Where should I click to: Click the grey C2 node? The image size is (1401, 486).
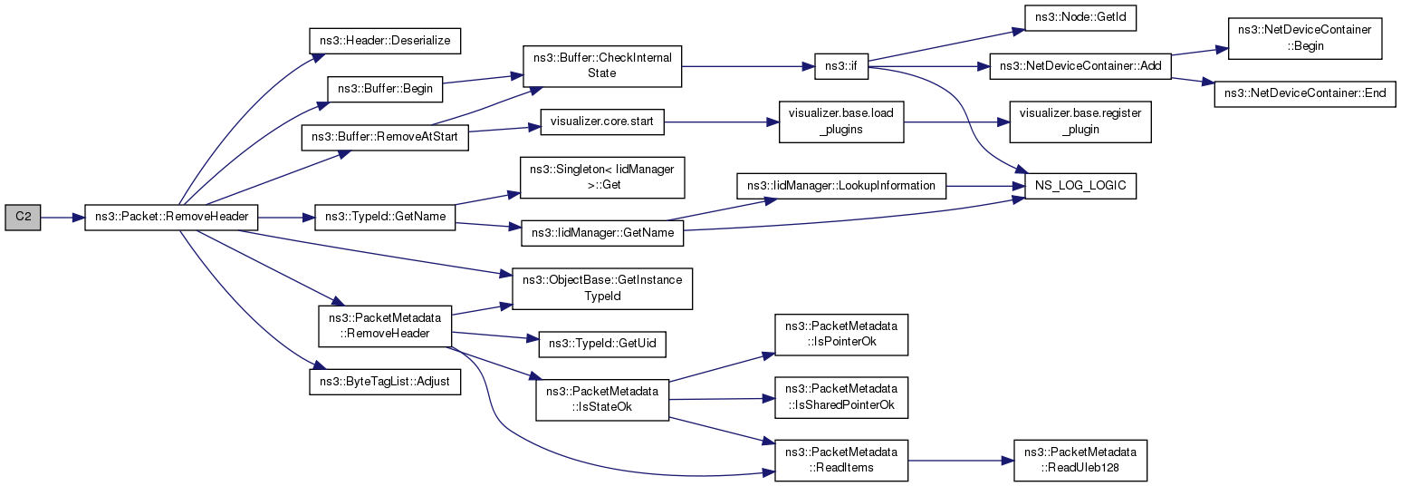(23, 218)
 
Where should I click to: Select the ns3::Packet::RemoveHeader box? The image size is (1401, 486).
(171, 218)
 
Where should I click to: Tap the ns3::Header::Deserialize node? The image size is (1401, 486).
(385, 41)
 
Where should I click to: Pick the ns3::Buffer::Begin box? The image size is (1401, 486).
(385, 89)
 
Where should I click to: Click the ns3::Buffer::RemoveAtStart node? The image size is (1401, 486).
(385, 137)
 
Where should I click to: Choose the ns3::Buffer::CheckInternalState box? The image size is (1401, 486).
(601, 66)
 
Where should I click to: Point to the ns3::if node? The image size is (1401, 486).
(841, 66)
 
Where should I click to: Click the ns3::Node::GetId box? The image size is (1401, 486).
(1080, 17)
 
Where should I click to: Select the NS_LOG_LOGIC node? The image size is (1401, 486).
(1080, 186)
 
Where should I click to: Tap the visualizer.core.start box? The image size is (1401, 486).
(601, 121)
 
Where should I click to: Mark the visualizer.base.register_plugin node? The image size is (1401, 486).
(1080, 121)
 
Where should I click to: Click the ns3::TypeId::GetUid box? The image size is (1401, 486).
(601, 344)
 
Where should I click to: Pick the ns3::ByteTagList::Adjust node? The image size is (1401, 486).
(385, 382)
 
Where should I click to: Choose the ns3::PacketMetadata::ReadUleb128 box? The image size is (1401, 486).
(1080, 461)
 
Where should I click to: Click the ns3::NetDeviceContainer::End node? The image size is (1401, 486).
(1305, 93)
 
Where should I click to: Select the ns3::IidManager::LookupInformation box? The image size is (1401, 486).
(841, 186)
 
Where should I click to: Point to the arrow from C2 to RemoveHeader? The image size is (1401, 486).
(62, 218)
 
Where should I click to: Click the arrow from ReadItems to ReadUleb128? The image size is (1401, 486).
(961, 461)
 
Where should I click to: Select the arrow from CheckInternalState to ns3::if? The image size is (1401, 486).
(748, 66)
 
